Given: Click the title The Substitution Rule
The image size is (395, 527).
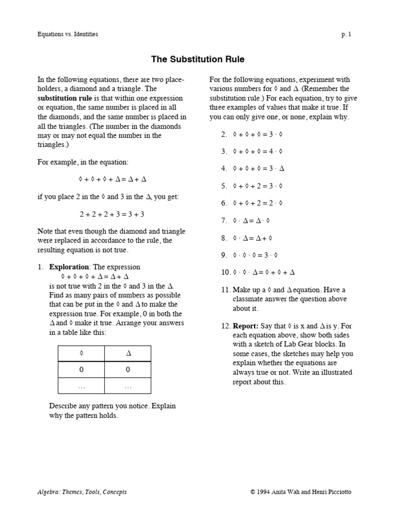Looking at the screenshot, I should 197,60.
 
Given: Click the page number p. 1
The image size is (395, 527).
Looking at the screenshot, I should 346,34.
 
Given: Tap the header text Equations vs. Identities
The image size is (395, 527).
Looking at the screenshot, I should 67,34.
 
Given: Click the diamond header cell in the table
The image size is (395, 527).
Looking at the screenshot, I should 81,354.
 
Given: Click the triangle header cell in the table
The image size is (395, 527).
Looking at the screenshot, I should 128,354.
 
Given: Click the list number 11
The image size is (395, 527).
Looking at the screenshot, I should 225,290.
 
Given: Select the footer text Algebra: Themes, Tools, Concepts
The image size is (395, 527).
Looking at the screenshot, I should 82,492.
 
